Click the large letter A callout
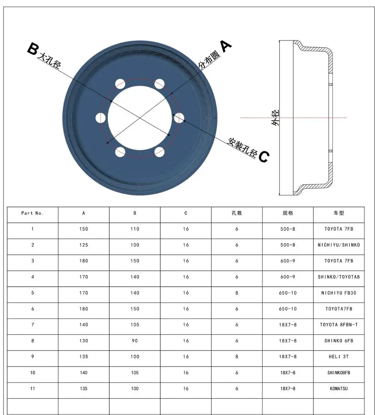(225, 46)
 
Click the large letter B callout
(33, 49)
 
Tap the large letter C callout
(264, 156)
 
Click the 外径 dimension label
(275, 118)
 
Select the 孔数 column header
(237, 213)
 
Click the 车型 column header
(339, 213)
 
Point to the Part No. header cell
(32, 213)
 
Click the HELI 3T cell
(339, 357)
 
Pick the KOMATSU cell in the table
(339, 388)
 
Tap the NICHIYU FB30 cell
(339, 293)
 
